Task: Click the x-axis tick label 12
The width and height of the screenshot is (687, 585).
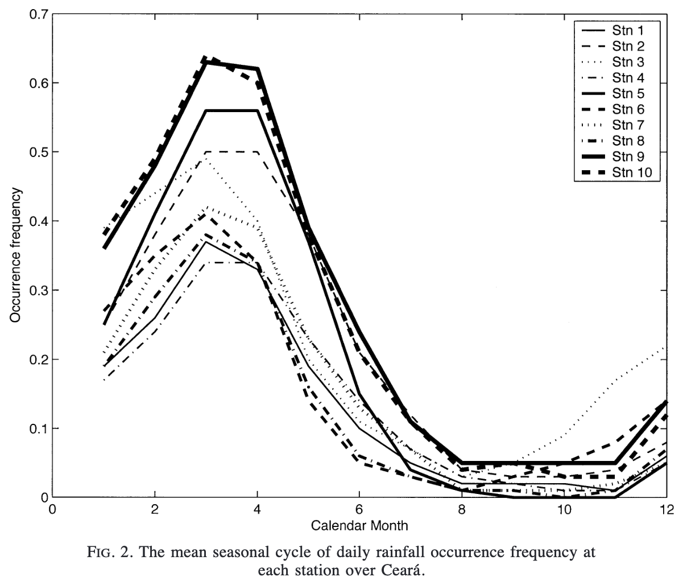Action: point(666,509)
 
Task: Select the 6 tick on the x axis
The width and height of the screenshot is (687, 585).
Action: point(359,509)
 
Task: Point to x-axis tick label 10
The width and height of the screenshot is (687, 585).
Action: point(564,509)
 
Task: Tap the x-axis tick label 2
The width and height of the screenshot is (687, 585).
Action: point(154,509)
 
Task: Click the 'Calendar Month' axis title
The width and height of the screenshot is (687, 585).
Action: point(359,525)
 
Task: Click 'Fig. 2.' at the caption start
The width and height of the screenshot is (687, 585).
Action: point(104,553)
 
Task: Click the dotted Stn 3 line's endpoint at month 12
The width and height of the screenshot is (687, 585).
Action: point(665,346)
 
